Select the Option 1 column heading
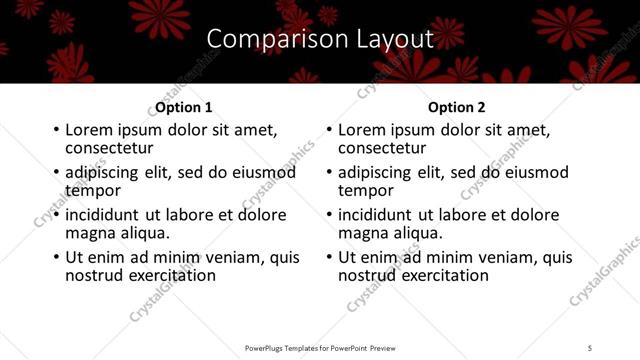(x=184, y=107)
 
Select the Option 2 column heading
(x=457, y=107)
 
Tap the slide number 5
(x=590, y=347)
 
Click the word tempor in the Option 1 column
(x=92, y=190)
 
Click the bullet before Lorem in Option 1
(x=56, y=131)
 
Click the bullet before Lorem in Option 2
(x=329, y=131)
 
